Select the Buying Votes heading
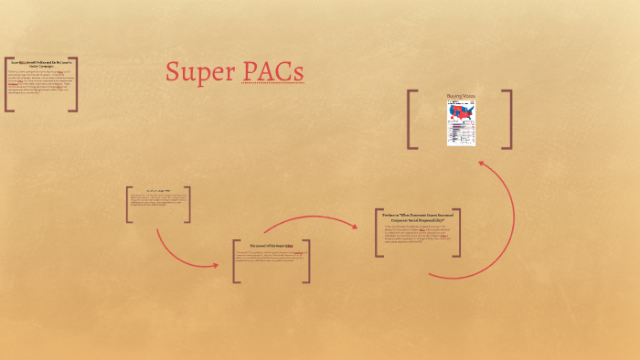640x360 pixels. click(461, 96)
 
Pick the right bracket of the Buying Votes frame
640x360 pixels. click(508, 119)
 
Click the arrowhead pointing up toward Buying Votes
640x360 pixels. click(482, 165)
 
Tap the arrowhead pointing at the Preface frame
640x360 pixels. click(354, 225)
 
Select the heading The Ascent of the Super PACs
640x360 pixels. click(272, 246)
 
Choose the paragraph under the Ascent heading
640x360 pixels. click(272, 260)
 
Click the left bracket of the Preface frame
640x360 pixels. click(379, 233)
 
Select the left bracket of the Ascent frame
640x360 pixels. click(236, 261)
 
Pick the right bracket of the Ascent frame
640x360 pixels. click(307, 261)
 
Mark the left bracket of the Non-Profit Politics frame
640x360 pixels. click(7, 84)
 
